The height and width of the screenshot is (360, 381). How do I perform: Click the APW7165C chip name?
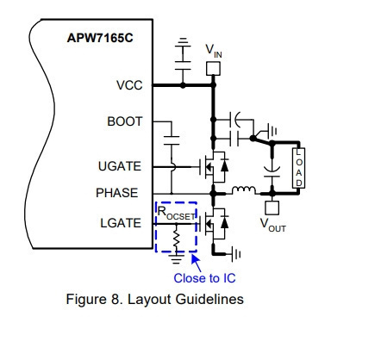[100, 38]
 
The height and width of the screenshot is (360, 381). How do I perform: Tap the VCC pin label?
[129, 85]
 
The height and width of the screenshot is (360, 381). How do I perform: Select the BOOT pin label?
[125, 121]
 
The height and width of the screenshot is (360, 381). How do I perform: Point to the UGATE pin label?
[120, 166]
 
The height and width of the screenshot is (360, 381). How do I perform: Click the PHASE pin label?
[117, 193]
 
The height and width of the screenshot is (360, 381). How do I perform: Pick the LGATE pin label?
[121, 223]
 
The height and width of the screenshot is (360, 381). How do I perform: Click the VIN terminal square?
[214, 69]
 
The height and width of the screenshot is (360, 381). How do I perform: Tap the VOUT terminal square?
[272, 208]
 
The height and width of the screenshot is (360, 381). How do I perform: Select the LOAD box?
[299, 168]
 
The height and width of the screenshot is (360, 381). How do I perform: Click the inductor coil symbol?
[243, 190]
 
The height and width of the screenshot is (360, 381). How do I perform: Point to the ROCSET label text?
[176, 214]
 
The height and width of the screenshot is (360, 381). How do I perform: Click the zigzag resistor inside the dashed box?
[177, 239]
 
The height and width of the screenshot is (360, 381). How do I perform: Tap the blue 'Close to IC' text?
[204, 278]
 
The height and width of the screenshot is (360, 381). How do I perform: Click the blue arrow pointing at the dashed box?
[197, 263]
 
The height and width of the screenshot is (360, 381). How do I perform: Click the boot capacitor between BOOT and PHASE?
[172, 140]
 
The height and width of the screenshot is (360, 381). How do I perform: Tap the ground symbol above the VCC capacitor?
[183, 42]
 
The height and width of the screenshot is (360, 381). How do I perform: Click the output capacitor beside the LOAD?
[272, 171]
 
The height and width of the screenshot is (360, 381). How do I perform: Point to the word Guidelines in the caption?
[209, 299]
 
